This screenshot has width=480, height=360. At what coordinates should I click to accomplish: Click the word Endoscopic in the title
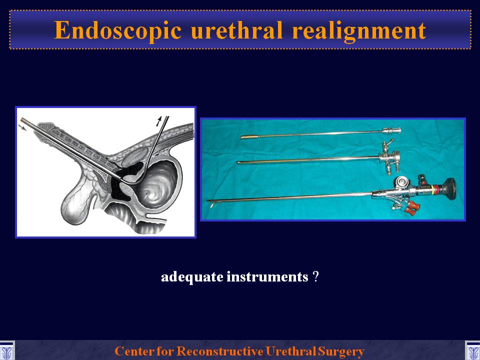pyautogui.click(x=118, y=31)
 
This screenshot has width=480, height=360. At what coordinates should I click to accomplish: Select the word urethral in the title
pyautogui.click(x=236, y=30)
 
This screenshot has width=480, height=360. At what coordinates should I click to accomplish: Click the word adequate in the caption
pyautogui.click(x=192, y=277)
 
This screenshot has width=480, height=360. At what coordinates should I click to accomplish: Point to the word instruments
pyautogui.click(x=267, y=276)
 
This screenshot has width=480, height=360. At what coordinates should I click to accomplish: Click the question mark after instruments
pyautogui.click(x=316, y=276)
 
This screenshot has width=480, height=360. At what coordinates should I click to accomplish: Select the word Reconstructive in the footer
pyautogui.click(x=220, y=351)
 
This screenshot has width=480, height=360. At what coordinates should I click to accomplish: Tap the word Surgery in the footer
pyautogui.click(x=340, y=351)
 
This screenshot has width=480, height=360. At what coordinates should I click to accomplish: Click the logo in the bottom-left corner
pyautogui.click(x=6, y=350)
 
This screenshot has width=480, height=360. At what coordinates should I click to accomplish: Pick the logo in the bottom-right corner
pyautogui.click(x=472, y=350)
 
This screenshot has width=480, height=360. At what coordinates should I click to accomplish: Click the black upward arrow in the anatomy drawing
pyautogui.click(x=159, y=121)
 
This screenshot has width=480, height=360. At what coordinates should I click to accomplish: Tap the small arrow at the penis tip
pyautogui.click(x=23, y=127)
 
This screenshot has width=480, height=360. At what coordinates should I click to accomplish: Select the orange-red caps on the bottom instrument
pyautogui.click(x=410, y=207)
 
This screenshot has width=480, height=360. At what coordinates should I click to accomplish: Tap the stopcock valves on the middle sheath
pyautogui.click(x=387, y=156)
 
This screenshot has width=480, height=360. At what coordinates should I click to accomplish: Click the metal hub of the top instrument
pyautogui.click(x=391, y=130)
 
